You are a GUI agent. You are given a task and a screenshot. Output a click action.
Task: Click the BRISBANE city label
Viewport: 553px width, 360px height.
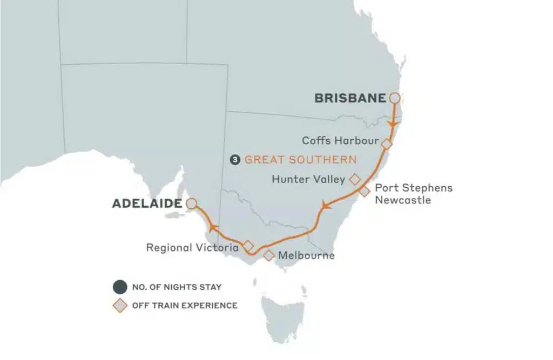click(x=350, y=98)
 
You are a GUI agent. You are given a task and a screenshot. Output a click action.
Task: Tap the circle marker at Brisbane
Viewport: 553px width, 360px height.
click(x=395, y=98)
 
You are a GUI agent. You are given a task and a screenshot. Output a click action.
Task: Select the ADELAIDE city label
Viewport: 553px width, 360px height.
click(x=146, y=204)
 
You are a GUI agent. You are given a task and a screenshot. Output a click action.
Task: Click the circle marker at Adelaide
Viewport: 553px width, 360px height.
click(x=190, y=204)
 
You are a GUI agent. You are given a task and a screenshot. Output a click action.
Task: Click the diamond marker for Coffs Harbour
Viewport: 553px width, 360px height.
click(x=387, y=144)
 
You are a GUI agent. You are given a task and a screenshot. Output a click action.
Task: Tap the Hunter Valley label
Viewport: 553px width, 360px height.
click(x=308, y=179)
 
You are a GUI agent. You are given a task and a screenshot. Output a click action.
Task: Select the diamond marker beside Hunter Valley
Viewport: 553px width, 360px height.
click(x=355, y=179)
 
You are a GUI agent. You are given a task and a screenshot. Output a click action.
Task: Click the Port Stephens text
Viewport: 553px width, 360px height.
click(x=414, y=188)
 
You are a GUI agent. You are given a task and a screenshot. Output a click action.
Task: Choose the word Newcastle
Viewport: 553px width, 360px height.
click(x=403, y=200)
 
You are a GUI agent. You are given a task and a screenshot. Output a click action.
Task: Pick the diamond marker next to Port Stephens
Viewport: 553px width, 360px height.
click(x=365, y=191)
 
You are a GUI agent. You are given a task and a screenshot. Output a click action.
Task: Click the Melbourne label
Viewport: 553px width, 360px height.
click(x=306, y=255)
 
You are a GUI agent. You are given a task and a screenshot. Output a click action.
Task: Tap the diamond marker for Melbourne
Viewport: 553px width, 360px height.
click(x=268, y=255)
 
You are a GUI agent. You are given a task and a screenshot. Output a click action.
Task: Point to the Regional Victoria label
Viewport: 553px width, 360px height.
click(x=192, y=248)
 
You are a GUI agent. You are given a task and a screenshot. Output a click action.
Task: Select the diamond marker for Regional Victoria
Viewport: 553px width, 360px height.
click(x=248, y=245)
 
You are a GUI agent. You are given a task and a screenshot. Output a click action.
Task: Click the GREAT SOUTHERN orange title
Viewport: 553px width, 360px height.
click(x=300, y=160)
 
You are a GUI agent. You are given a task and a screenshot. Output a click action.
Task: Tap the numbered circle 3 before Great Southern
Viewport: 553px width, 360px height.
click(x=235, y=160)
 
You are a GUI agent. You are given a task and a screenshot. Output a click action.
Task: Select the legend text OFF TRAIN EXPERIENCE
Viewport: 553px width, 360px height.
click(x=185, y=305)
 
